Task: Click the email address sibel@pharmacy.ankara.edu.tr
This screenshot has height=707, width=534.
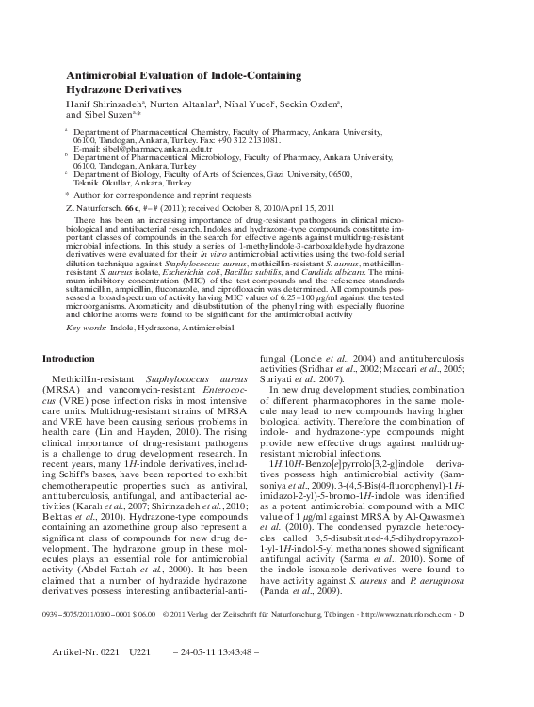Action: pos(142,149)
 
